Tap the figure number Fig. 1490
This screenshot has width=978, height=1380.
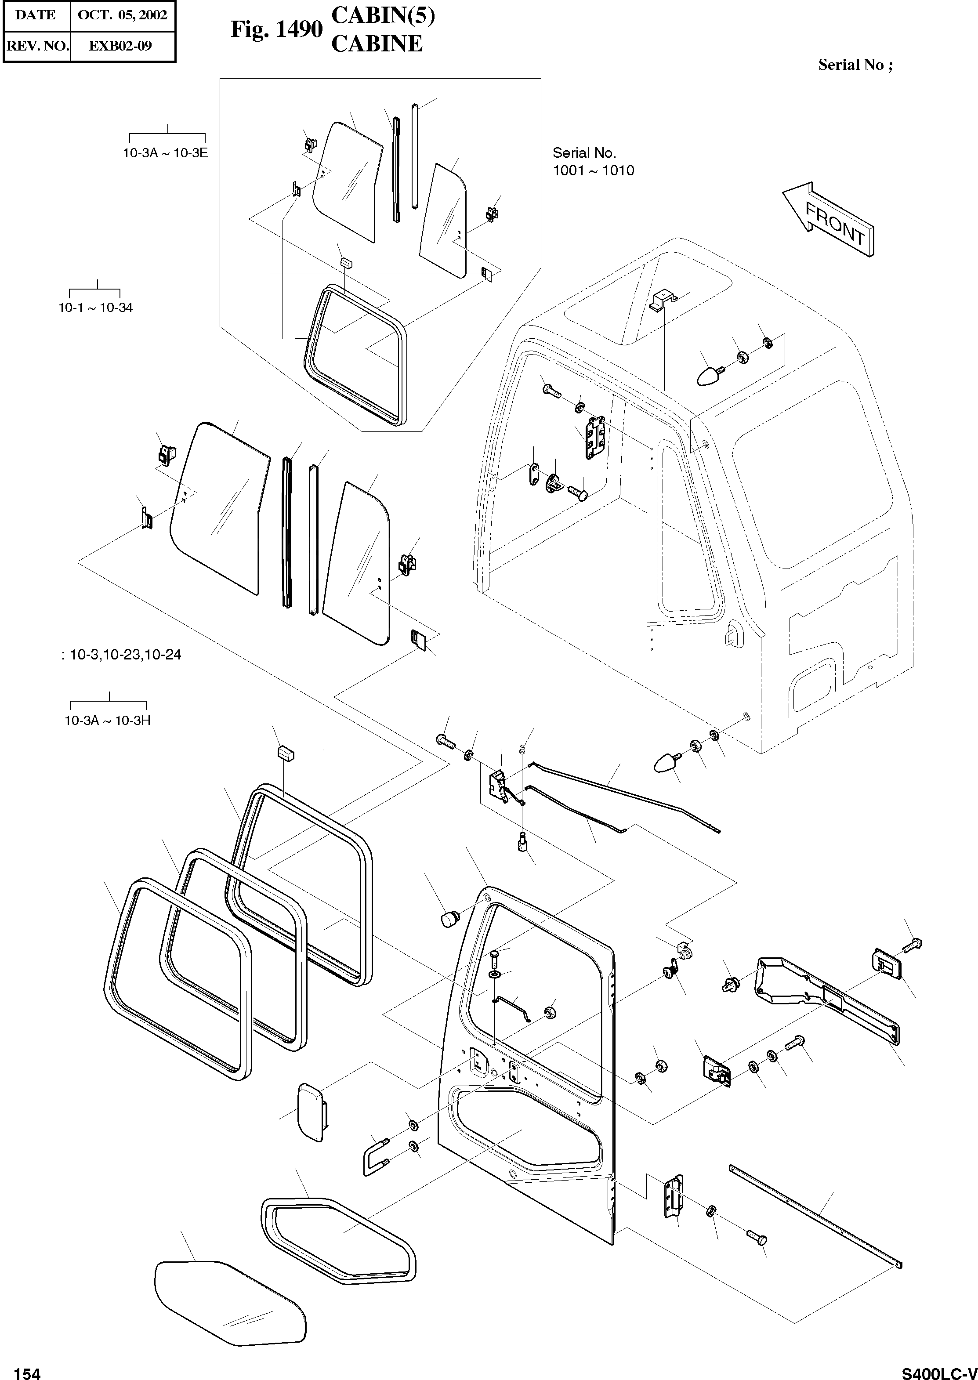tap(276, 29)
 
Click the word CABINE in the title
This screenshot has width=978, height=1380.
tap(377, 44)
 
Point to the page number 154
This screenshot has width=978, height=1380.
tap(27, 1369)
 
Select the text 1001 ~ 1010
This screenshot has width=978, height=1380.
tap(593, 170)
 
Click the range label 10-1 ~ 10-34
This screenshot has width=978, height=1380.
tap(95, 308)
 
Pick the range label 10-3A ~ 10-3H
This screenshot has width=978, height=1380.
tap(108, 720)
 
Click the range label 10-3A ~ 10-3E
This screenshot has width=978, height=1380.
tap(165, 153)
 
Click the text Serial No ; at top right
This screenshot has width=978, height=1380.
tap(855, 65)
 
